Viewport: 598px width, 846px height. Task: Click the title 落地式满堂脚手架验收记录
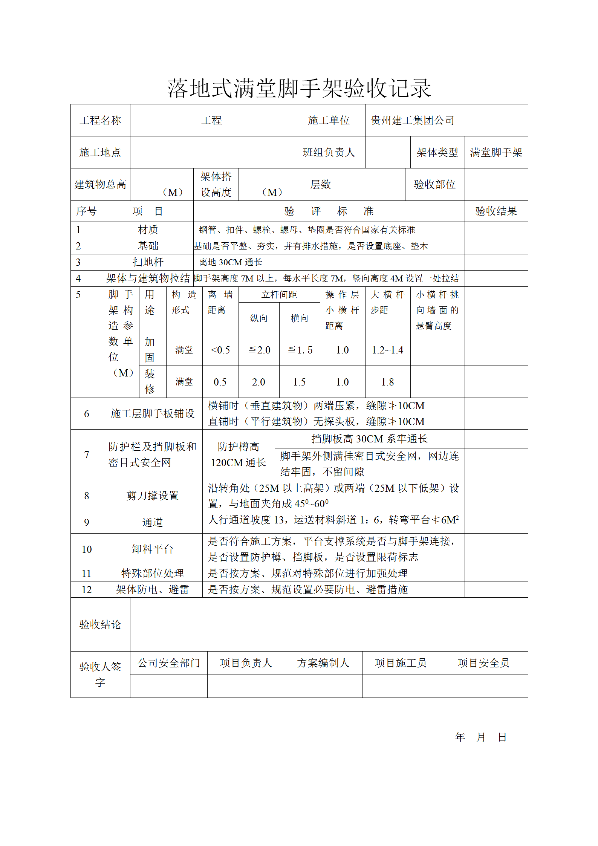(x=299, y=89)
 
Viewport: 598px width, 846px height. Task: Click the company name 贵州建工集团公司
(x=412, y=121)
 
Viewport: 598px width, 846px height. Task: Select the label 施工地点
(x=100, y=152)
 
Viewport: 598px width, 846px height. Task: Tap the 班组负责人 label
(x=329, y=152)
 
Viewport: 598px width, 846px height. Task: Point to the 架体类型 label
(x=437, y=152)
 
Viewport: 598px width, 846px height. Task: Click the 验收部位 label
(x=434, y=184)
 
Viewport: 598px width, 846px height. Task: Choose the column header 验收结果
(x=496, y=211)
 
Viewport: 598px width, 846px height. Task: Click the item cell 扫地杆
(x=148, y=262)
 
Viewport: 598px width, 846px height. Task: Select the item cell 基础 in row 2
(x=148, y=246)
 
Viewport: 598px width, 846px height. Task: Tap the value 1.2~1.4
(x=387, y=350)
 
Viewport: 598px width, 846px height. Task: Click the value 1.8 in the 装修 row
(x=387, y=382)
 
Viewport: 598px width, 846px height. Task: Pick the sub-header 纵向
(x=258, y=318)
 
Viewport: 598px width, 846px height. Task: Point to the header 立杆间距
(x=279, y=295)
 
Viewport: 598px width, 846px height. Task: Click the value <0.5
(x=220, y=350)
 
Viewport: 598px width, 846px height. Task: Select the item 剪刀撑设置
(x=152, y=496)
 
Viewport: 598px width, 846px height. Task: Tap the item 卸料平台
(x=152, y=549)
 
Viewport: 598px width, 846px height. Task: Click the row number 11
(x=86, y=573)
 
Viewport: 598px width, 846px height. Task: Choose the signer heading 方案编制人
(x=323, y=663)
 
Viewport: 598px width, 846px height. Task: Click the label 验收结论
(x=100, y=624)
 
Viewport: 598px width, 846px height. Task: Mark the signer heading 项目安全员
(x=483, y=663)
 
